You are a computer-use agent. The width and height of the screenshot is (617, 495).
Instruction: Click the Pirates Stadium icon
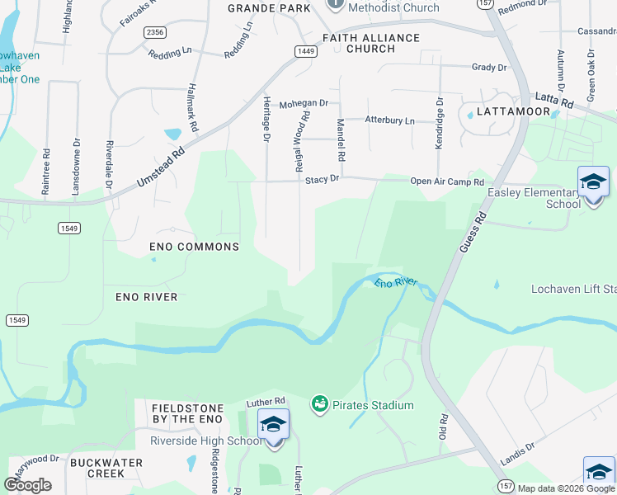tap(319, 404)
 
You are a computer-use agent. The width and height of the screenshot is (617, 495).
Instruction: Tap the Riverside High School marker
tap(274, 427)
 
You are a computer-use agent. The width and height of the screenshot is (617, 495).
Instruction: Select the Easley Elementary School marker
tap(593, 185)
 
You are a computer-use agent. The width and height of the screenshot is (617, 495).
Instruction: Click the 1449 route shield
tap(306, 51)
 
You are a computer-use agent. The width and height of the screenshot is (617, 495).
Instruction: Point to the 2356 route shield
tap(154, 32)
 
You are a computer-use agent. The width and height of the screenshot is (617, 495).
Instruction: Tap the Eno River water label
tap(397, 283)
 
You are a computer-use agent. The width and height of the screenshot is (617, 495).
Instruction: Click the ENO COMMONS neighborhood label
tap(195, 247)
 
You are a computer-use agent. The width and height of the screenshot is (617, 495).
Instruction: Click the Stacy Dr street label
tap(323, 178)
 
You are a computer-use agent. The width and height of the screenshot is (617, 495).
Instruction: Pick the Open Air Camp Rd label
tap(446, 181)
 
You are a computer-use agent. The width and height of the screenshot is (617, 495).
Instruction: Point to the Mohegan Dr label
tap(303, 104)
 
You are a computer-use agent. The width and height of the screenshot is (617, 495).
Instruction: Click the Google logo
tap(27, 484)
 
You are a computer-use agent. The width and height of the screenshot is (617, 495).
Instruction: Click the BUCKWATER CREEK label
tap(109, 468)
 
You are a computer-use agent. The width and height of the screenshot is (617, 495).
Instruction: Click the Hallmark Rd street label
tap(192, 107)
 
